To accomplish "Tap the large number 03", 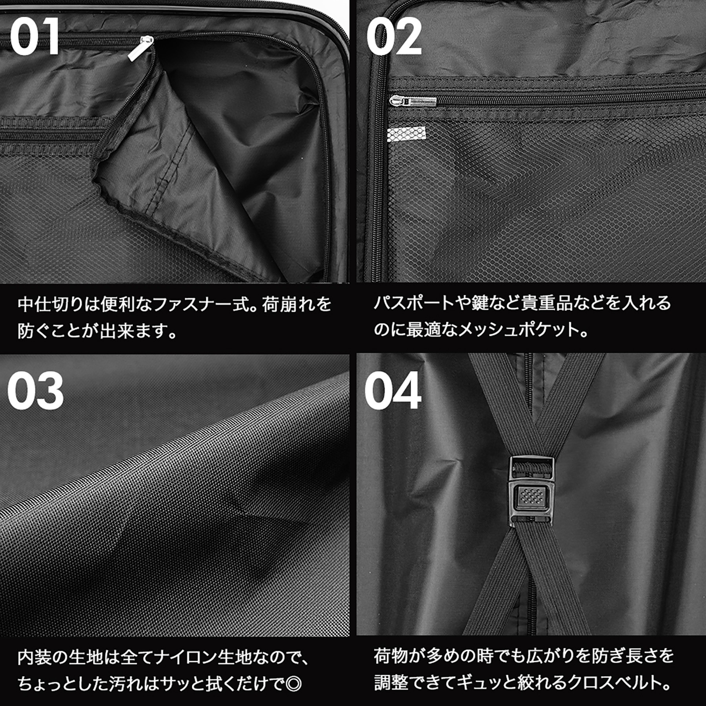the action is (35, 391).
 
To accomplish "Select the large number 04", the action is (393, 391).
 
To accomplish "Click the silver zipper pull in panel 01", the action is (141, 48).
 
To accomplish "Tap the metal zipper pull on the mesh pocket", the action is (413, 101).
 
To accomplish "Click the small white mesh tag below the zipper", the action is (406, 134).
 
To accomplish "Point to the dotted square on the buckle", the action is (531, 495).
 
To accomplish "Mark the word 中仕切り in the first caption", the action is (50, 304).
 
